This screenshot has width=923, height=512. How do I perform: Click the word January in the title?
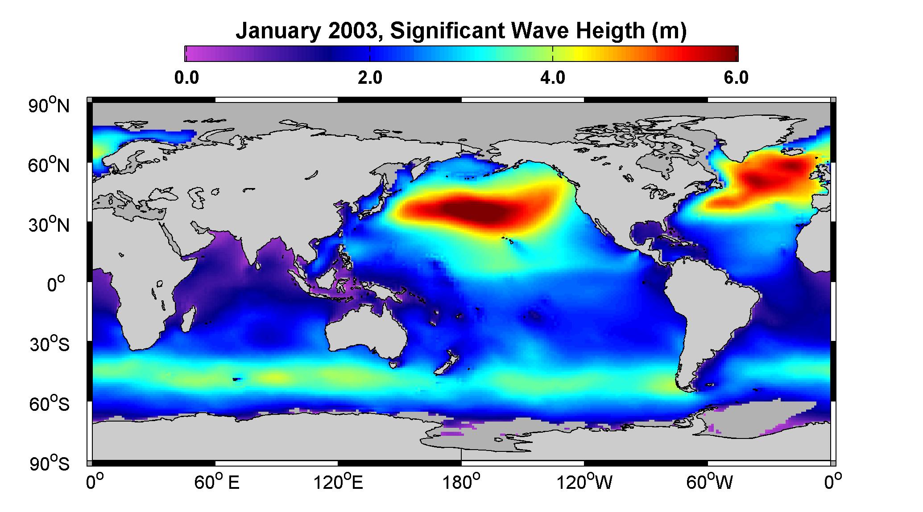click(x=277, y=31)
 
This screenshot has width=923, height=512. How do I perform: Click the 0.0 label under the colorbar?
click(x=186, y=78)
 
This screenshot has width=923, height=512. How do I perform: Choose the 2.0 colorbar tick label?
click(x=370, y=78)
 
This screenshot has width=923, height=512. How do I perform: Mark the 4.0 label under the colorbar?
click(x=553, y=78)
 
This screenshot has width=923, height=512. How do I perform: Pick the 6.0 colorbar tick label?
click(x=736, y=78)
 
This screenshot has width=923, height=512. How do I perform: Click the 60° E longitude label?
click(x=217, y=482)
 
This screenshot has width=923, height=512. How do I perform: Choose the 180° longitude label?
click(x=461, y=482)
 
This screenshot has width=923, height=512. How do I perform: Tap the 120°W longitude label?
click(x=585, y=482)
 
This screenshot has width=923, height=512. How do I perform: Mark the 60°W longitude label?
click(x=709, y=482)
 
